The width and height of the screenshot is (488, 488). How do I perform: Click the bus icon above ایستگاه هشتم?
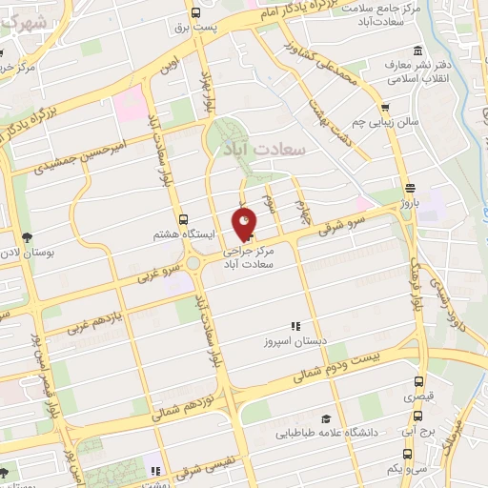(x=183, y=218)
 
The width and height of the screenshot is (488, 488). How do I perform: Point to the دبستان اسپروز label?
(x=294, y=339)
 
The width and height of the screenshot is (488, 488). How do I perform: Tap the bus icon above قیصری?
(x=419, y=381)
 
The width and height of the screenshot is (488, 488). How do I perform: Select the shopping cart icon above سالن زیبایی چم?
(x=386, y=108)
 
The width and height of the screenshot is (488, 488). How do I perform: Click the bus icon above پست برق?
(x=195, y=13)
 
